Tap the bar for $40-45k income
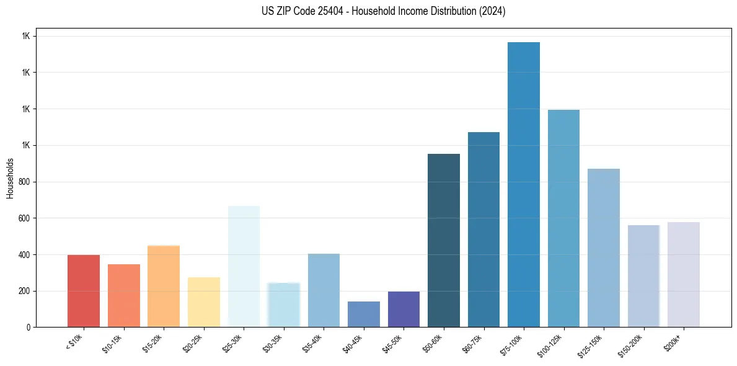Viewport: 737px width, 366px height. tap(364, 315)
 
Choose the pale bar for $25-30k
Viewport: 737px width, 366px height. tap(244, 267)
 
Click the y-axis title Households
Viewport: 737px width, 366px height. tap(11, 177)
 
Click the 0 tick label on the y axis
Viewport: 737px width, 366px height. tap(29, 328)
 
